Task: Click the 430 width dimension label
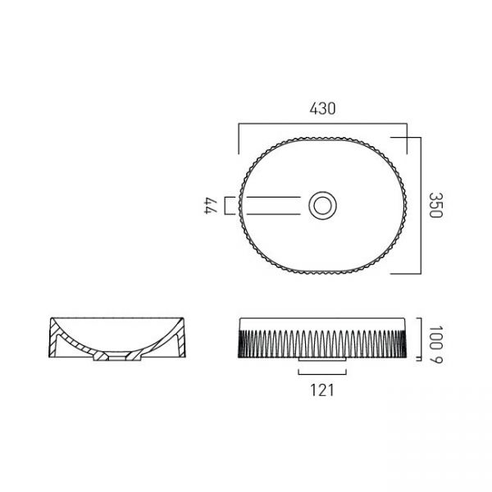click(322, 108)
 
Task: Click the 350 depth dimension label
click(436, 205)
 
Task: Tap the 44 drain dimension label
click(211, 206)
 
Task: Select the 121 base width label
click(322, 390)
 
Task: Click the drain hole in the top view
click(322, 206)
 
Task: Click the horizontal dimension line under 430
click(322, 124)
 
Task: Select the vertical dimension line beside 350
click(421, 206)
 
